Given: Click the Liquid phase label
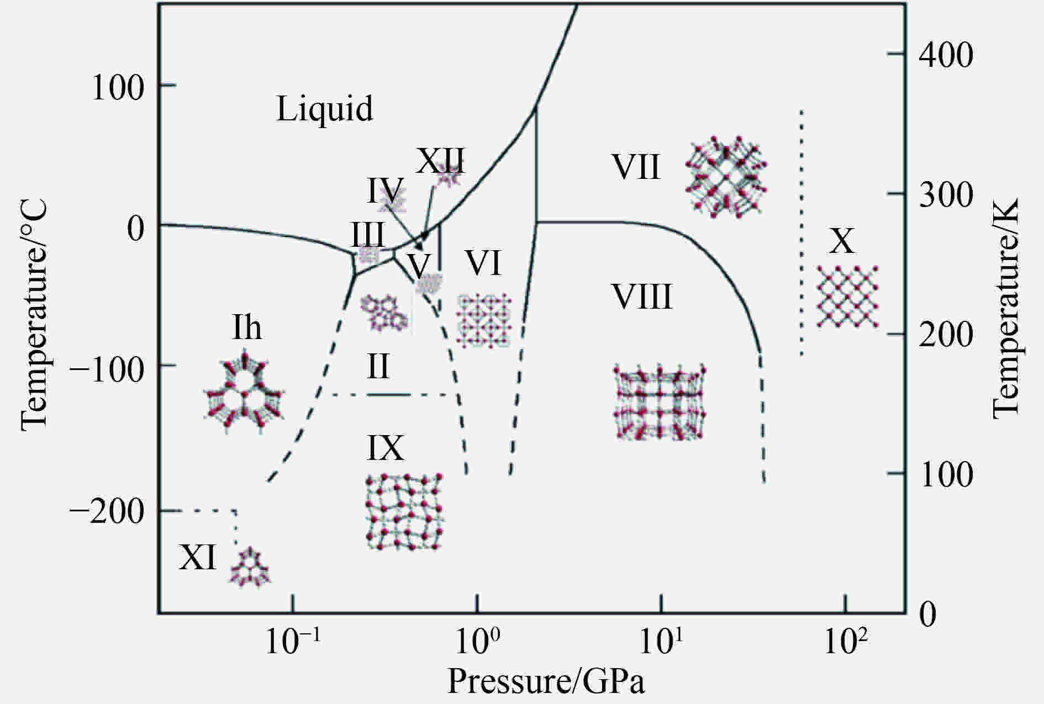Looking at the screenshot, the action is click(x=324, y=109).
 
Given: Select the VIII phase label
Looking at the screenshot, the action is click(x=642, y=297).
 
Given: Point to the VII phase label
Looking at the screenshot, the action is click(x=636, y=167).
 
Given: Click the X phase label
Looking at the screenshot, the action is click(x=842, y=241).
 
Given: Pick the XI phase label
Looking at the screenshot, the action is click(x=197, y=557).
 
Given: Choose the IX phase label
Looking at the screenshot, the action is click(x=386, y=448).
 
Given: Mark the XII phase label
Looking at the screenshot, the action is click(x=440, y=161).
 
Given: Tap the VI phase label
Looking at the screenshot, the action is click(x=483, y=263).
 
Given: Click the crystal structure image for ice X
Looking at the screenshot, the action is click(x=847, y=297).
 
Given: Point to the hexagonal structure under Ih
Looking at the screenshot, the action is click(x=244, y=391).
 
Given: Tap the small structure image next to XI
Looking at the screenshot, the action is click(x=251, y=567).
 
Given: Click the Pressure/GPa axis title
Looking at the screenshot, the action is click(x=546, y=681).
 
